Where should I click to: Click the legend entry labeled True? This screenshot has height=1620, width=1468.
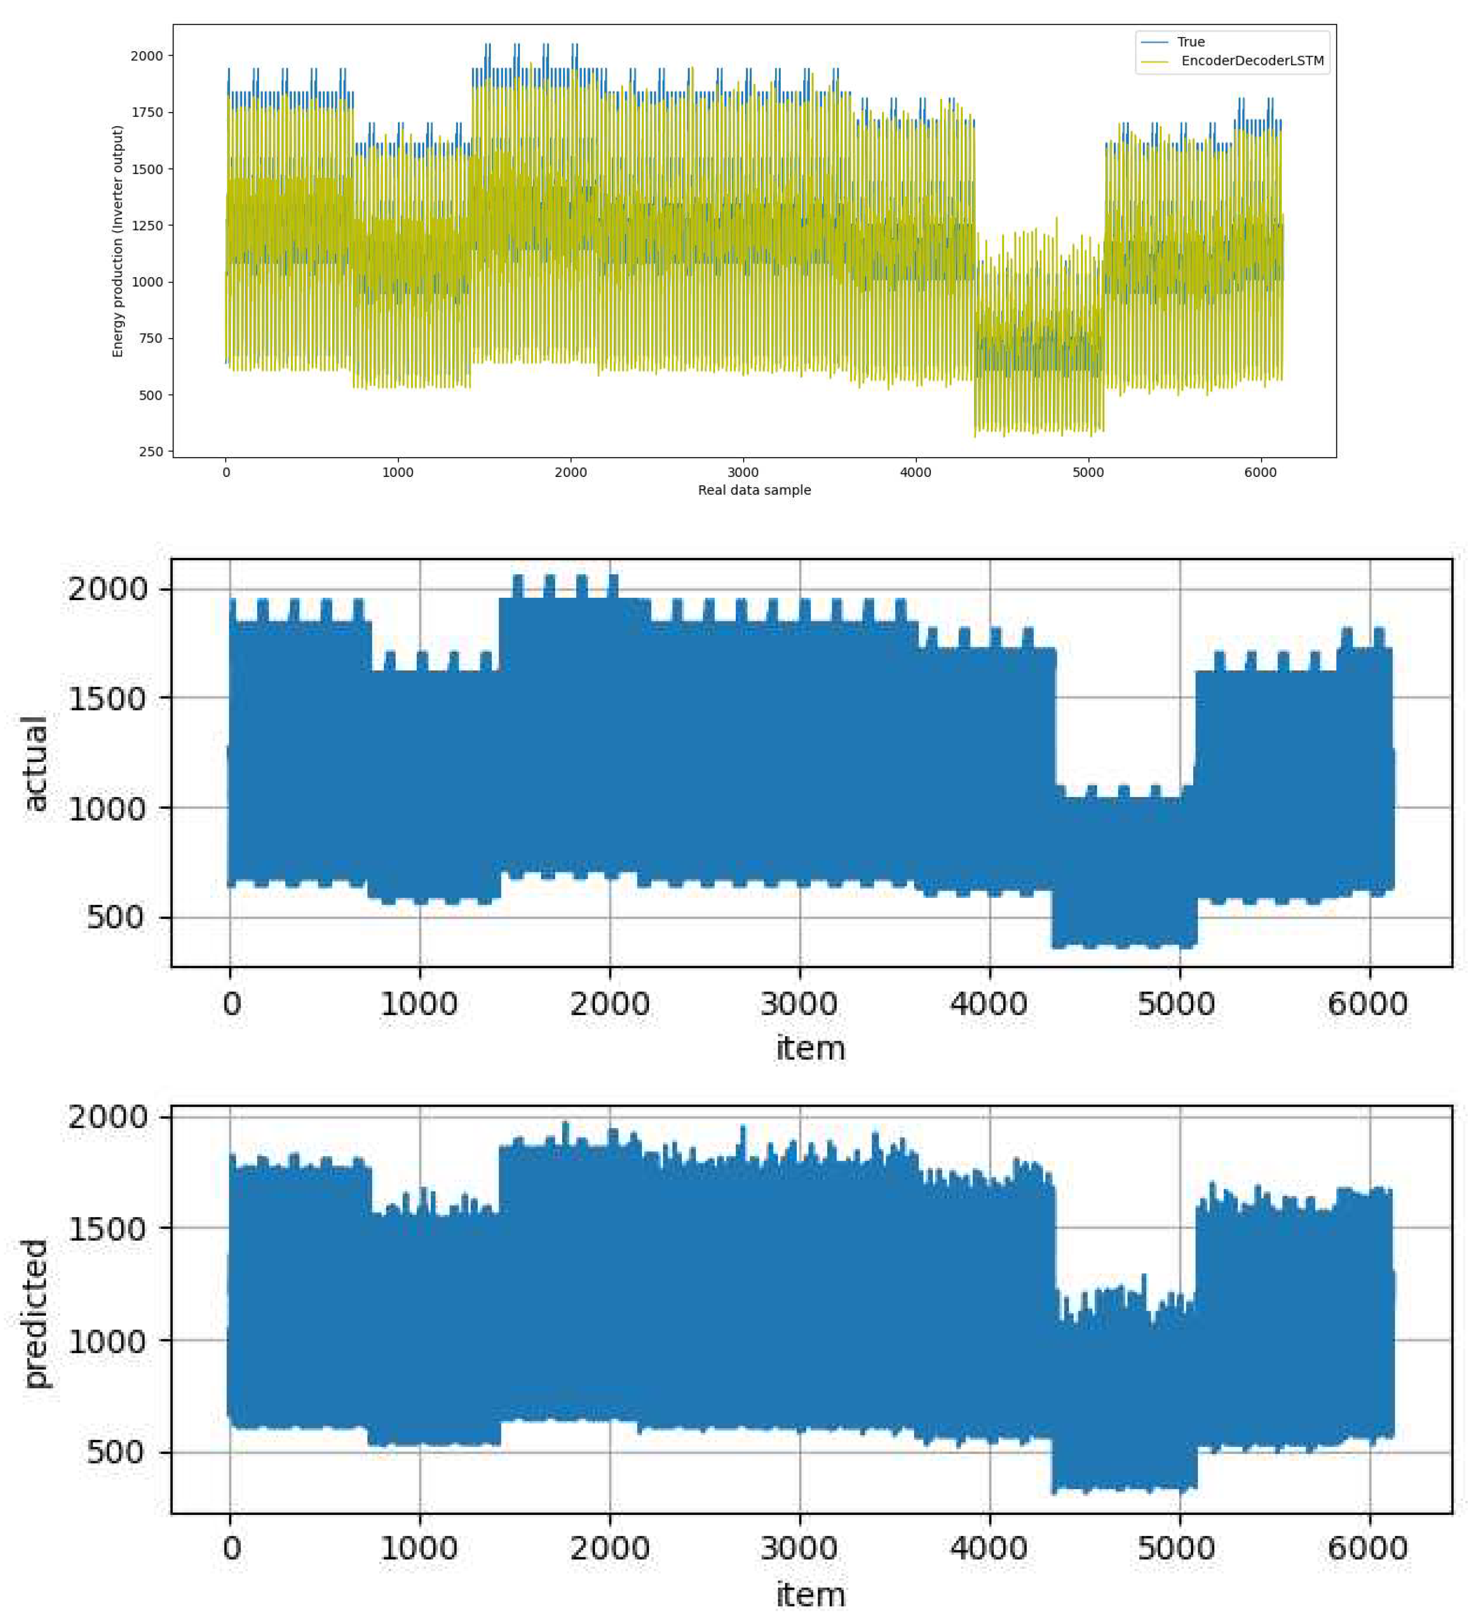click(1190, 42)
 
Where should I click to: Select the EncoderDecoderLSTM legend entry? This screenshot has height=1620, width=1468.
click(1252, 61)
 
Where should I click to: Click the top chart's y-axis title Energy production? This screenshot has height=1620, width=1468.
click(118, 241)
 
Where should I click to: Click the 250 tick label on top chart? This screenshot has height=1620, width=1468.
click(150, 452)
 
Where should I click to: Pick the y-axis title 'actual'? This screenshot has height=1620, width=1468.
click(35, 763)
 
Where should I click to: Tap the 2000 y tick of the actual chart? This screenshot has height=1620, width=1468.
click(108, 590)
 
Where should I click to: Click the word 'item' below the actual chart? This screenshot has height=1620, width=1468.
click(810, 1048)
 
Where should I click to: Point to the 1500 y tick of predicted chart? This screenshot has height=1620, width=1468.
click(108, 1228)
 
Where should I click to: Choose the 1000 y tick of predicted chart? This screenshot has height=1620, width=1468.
click(108, 1341)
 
